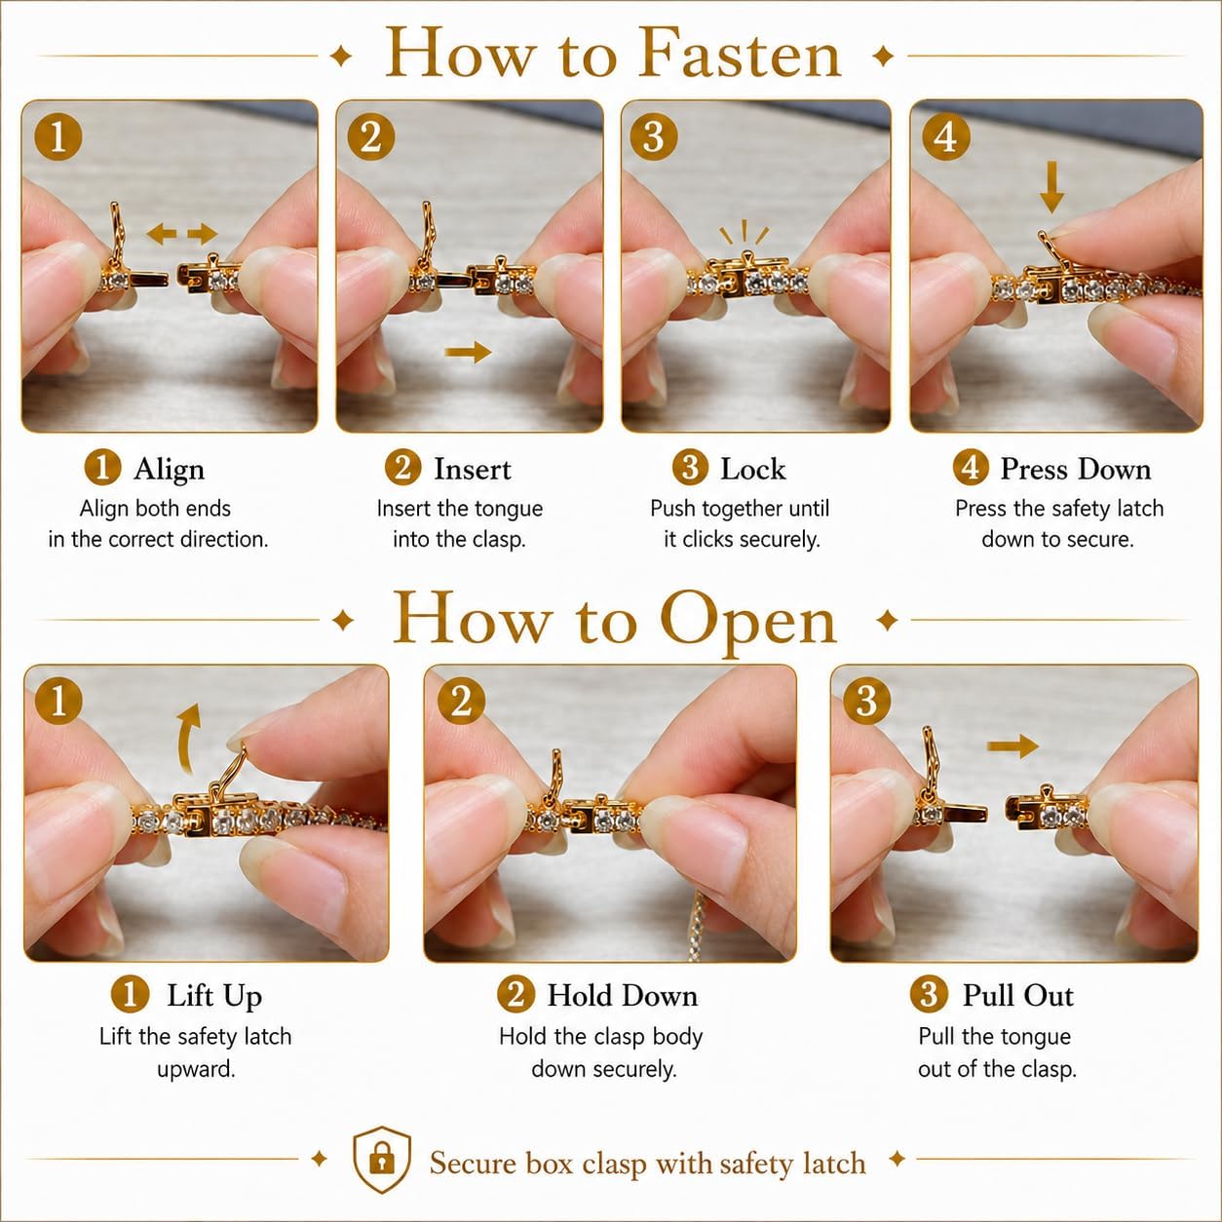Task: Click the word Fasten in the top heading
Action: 740,54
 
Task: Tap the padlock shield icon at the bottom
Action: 382,1160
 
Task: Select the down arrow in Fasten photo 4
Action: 1052,186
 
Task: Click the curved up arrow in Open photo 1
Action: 188,739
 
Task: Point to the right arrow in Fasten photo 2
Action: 469,352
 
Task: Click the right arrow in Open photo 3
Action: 1012,745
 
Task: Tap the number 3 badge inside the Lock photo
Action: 654,137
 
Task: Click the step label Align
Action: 169,470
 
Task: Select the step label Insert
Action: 473,470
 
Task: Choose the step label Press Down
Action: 1076,470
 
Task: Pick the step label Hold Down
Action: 623,995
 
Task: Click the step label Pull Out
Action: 1017,995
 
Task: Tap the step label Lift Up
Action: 214,996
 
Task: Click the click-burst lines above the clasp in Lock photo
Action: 744,232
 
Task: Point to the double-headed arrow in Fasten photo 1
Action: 182,233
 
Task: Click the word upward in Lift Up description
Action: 197,1070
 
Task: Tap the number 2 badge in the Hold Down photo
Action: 461,702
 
